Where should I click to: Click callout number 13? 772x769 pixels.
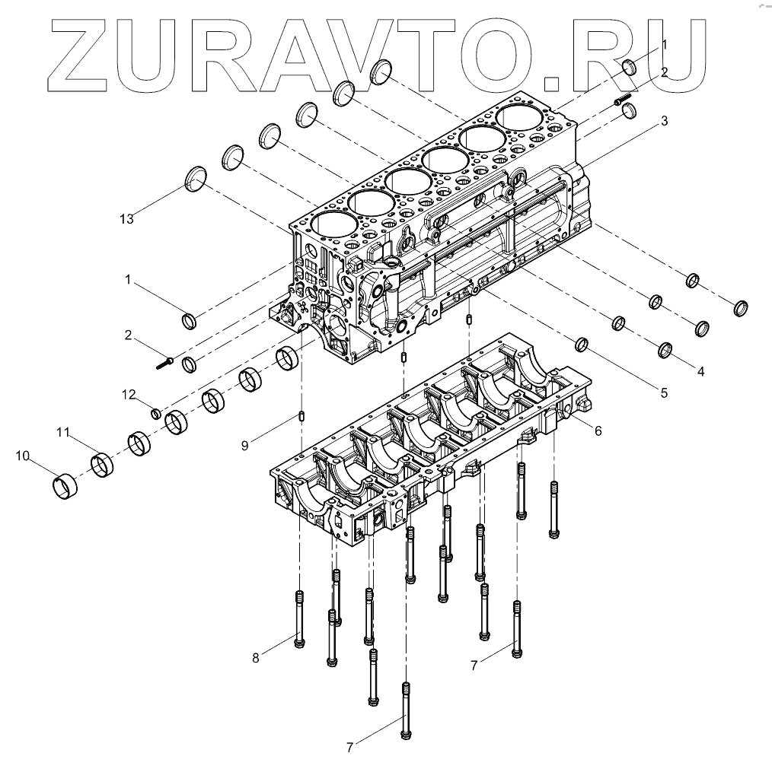pyautogui.click(x=126, y=219)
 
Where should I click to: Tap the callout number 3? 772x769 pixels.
pyautogui.click(x=664, y=120)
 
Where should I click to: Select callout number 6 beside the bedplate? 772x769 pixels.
pyautogui.click(x=598, y=431)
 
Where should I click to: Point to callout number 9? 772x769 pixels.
pyautogui.click(x=244, y=446)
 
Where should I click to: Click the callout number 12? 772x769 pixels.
pyautogui.click(x=129, y=395)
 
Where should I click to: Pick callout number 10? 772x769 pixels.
pyautogui.click(x=23, y=456)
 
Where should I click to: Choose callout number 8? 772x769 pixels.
pyautogui.click(x=256, y=658)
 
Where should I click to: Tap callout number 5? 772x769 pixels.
pyautogui.click(x=664, y=393)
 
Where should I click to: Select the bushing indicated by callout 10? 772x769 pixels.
pyautogui.click(x=64, y=486)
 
